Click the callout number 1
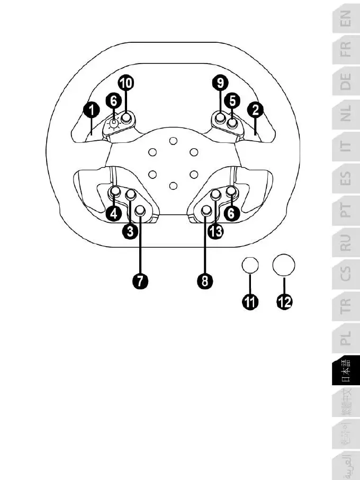coord(92,111)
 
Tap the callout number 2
coord(256,111)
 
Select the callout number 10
coord(125,83)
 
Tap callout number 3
coord(130,231)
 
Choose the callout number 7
coord(140,280)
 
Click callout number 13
coord(215,231)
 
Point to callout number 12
coord(284,302)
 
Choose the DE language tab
coord(344,82)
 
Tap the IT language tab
coord(344,146)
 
